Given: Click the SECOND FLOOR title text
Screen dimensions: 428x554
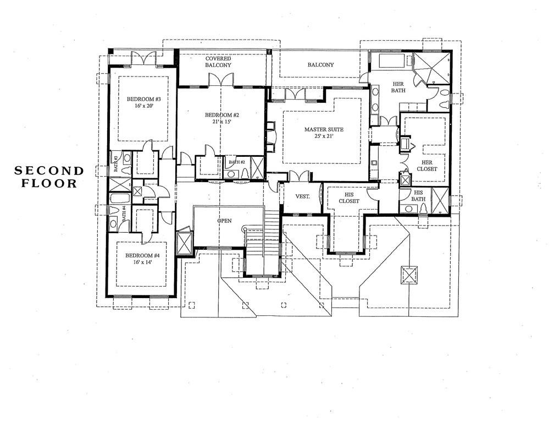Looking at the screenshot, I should [x=49, y=177].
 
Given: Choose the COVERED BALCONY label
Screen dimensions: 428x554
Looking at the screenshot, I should [x=218, y=62].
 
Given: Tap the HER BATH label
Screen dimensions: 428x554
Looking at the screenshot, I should [x=397, y=86].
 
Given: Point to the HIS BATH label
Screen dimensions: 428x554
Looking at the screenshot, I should [x=418, y=196].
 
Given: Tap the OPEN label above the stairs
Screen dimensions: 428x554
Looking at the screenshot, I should [x=224, y=221].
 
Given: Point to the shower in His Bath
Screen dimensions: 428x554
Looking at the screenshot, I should [x=440, y=200].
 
